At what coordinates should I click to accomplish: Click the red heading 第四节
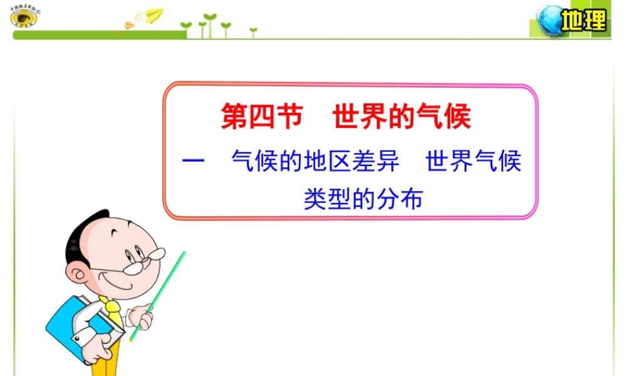262,117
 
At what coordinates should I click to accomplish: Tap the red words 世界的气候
401,117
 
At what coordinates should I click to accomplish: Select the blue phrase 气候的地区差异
315,162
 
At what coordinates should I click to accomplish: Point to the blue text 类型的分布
364,199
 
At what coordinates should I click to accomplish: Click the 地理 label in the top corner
584,21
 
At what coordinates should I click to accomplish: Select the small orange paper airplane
130,25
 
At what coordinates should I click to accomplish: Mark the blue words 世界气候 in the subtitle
473,162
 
